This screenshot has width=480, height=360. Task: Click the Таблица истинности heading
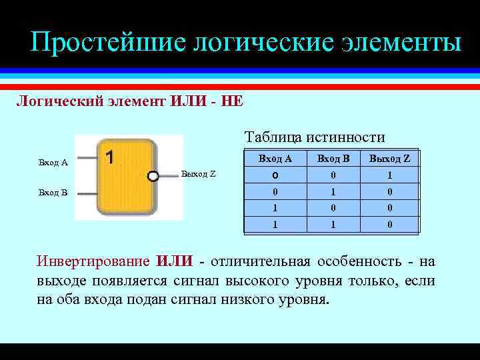(315, 137)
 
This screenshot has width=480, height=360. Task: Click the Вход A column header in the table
(275, 159)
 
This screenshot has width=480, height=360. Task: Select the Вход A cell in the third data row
(275, 208)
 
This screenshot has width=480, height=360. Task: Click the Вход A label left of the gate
(53, 162)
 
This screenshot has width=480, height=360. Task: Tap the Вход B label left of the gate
(53, 193)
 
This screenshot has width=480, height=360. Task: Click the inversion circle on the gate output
(153, 176)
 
